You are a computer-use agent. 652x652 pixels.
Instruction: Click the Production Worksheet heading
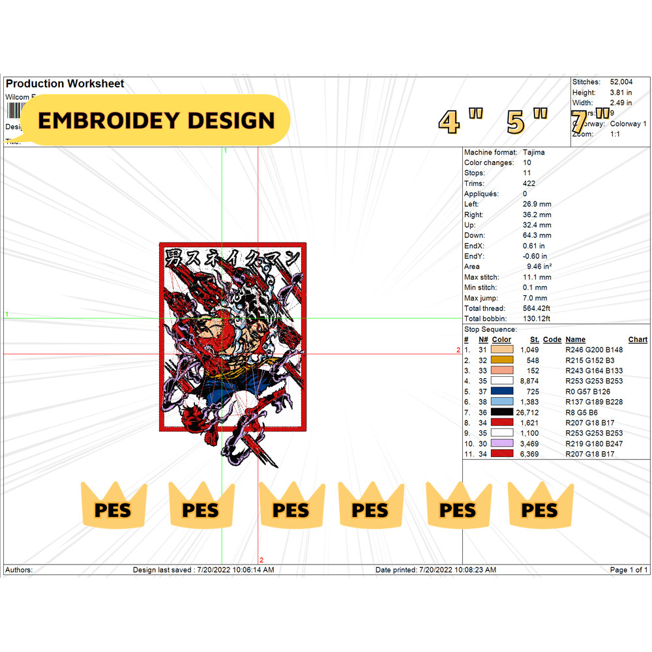tap(65, 83)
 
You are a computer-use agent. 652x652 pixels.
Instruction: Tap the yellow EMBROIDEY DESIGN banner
tap(156, 121)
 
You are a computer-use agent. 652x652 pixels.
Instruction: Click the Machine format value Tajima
tap(534, 153)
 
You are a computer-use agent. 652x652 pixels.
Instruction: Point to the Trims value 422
tap(529, 184)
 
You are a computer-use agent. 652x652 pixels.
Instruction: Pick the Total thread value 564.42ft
tap(537, 308)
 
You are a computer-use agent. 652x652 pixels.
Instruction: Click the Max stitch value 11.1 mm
tap(537, 277)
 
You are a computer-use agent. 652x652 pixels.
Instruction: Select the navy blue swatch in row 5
tap(502, 391)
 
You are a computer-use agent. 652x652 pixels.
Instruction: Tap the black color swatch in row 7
tap(502, 412)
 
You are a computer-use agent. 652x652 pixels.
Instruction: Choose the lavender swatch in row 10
tap(502, 443)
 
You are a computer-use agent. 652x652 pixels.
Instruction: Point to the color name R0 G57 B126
tap(589, 391)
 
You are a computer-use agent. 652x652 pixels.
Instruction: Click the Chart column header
tap(638, 340)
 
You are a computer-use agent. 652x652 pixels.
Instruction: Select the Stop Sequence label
tap(490, 329)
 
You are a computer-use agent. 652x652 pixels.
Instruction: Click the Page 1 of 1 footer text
tap(629, 570)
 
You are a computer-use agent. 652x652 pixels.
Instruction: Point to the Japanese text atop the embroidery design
tap(232, 254)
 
